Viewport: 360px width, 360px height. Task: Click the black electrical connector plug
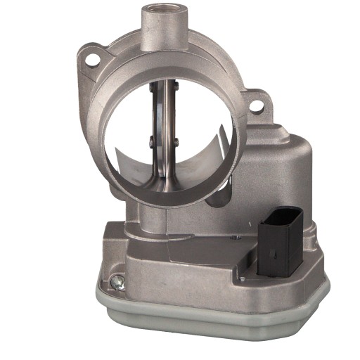coord(280,243)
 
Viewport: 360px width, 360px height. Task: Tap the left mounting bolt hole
coord(91,60)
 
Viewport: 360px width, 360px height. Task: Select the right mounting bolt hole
coord(257,106)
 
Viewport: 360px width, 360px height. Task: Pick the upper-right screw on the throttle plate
coord(175,86)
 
